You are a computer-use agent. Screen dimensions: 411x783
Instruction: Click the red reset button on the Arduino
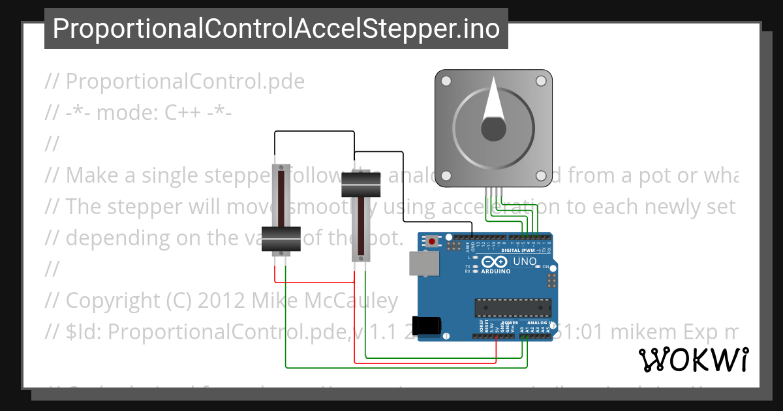tap(432, 242)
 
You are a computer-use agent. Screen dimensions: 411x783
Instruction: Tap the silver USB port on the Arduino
tap(422, 263)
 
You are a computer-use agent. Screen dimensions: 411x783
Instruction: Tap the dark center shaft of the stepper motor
tap(494, 129)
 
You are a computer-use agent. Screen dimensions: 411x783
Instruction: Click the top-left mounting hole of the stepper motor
tap(446, 82)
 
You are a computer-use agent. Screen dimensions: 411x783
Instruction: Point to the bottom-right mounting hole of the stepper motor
tap(541, 176)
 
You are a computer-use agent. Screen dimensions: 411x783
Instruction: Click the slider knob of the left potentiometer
tap(281, 239)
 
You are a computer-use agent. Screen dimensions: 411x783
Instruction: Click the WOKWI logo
tap(693, 360)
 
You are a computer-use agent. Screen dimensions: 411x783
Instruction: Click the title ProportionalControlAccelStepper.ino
tap(276, 29)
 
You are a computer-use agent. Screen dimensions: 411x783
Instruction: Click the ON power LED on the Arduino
tap(536, 267)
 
